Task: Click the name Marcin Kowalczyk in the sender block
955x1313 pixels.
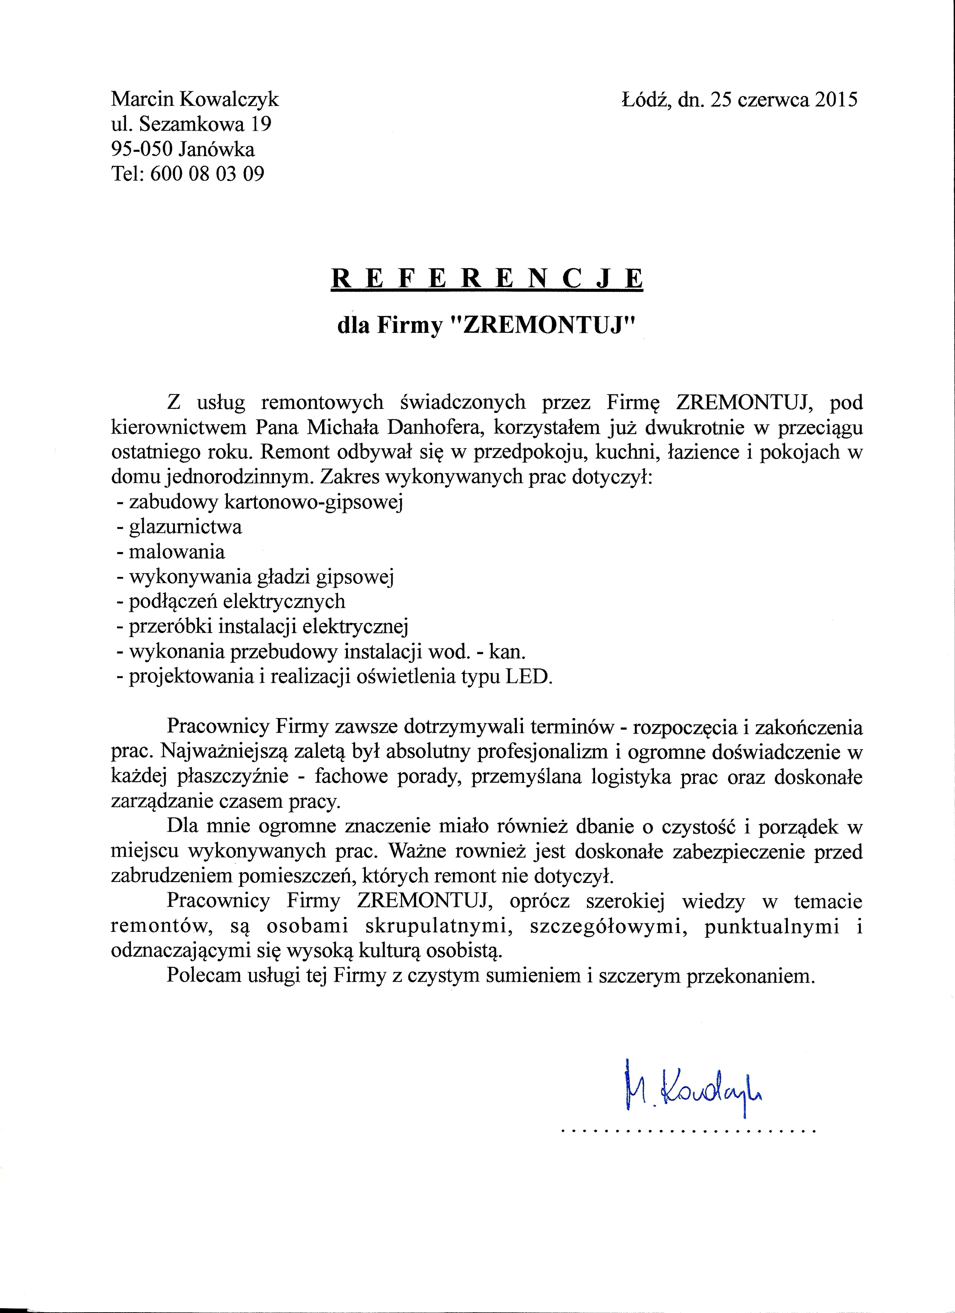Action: point(195,100)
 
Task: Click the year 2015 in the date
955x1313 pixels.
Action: point(836,100)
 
